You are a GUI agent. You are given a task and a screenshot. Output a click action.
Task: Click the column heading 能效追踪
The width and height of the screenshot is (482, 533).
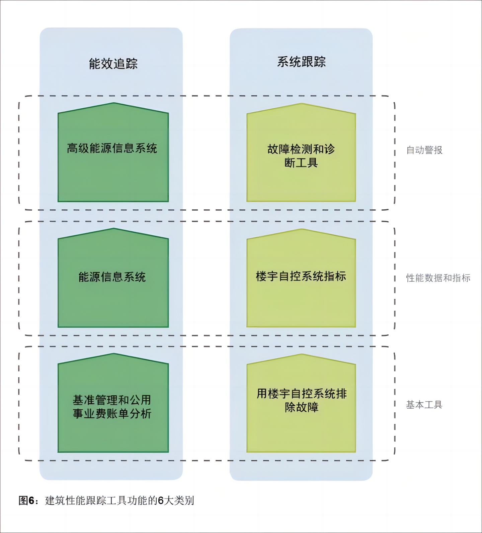click(113, 64)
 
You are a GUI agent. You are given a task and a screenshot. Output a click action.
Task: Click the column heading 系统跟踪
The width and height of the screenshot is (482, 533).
click(301, 62)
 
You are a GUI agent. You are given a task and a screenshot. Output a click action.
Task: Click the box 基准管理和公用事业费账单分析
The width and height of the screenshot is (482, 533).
click(113, 406)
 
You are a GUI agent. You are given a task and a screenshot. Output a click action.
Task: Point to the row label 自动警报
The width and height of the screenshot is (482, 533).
click(424, 150)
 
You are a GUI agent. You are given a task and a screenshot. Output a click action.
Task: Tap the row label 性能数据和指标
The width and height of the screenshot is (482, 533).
click(438, 278)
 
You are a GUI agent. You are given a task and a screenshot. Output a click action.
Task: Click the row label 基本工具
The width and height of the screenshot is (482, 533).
click(424, 405)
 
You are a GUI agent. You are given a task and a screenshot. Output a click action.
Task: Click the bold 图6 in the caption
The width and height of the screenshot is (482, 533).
click(26, 501)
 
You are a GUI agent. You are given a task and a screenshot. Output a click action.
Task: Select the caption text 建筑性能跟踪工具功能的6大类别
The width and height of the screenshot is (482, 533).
click(119, 501)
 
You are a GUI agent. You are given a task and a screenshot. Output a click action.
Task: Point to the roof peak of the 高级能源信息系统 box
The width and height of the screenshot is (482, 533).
click(114, 103)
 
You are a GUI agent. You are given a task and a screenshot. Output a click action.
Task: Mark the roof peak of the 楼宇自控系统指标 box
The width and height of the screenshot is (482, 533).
click(302, 230)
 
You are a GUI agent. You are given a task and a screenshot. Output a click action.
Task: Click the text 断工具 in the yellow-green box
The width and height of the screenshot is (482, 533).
click(301, 163)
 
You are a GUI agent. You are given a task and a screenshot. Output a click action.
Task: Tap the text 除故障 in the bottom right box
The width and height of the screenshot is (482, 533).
click(301, 407)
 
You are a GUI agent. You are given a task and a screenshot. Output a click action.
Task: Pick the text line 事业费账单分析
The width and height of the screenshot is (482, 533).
click(112, 414)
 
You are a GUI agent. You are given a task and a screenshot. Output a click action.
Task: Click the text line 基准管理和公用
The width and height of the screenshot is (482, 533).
click(112, 400)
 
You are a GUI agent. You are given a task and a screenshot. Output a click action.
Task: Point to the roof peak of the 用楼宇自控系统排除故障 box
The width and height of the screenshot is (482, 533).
click(302, 355)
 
